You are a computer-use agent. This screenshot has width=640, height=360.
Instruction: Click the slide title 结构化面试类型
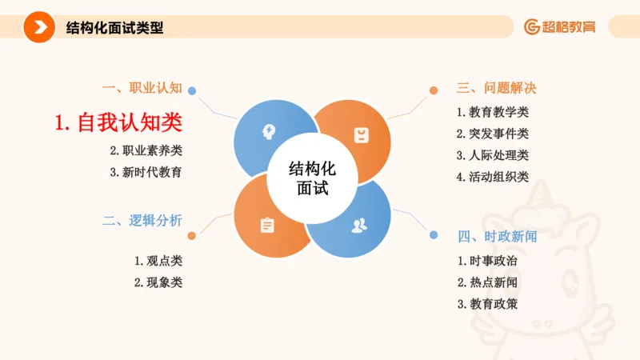[114, 27]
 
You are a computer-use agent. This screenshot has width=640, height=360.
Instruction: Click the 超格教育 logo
[560, 27]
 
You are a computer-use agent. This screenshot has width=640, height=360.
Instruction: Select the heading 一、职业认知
[142, 87]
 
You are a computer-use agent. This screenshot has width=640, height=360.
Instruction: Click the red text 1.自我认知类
[118, 122]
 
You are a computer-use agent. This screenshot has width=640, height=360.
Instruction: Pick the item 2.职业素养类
[146, 150]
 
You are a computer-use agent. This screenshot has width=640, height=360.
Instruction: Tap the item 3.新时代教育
[146, 171]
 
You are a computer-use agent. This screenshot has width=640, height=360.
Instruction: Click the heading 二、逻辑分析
[142, 220]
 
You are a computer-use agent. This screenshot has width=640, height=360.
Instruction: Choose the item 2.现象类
[158, 282]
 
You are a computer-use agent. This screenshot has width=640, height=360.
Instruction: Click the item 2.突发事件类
[493, 134]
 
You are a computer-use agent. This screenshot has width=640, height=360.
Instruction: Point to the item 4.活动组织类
[493, 177]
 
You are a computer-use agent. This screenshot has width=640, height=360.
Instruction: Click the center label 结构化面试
[313, 178]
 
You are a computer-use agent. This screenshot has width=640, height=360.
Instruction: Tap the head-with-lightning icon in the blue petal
[270, 132]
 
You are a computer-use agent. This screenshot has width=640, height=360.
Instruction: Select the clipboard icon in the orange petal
[267, 226]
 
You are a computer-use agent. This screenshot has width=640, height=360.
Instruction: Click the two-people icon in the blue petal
[359, 225]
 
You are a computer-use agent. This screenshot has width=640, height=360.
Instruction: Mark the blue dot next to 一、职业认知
[192, 91]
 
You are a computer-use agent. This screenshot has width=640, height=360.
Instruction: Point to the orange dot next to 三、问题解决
[434, 90]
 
